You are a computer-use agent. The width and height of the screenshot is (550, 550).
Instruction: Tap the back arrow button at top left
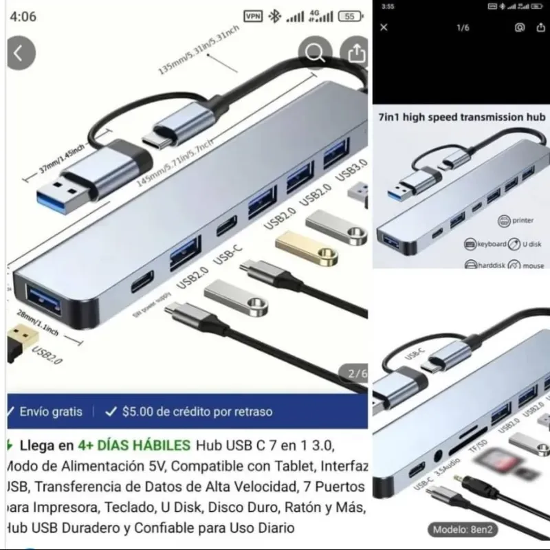click(20, 54)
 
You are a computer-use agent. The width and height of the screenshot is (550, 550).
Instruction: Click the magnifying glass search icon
click(315, 53)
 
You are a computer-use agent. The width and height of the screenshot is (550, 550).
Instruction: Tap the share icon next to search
click(356, 53)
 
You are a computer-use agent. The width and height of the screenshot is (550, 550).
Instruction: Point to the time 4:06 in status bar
click(23, 16)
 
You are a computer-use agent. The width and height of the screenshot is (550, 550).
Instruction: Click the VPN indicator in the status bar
click(253, 16)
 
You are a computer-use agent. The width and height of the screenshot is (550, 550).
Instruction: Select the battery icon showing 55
click(350, 16)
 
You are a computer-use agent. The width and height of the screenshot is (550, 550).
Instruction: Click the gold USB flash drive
click(306, 248)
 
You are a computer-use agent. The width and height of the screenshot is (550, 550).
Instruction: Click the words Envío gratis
click(50, 412)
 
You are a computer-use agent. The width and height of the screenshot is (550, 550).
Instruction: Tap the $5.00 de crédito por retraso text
click(197, 412)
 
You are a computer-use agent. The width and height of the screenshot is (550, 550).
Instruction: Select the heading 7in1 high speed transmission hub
click(461, 117)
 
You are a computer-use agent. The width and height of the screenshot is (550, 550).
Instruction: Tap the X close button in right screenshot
click(384, 27)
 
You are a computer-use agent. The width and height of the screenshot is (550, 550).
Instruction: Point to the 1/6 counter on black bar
click(463, 27)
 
